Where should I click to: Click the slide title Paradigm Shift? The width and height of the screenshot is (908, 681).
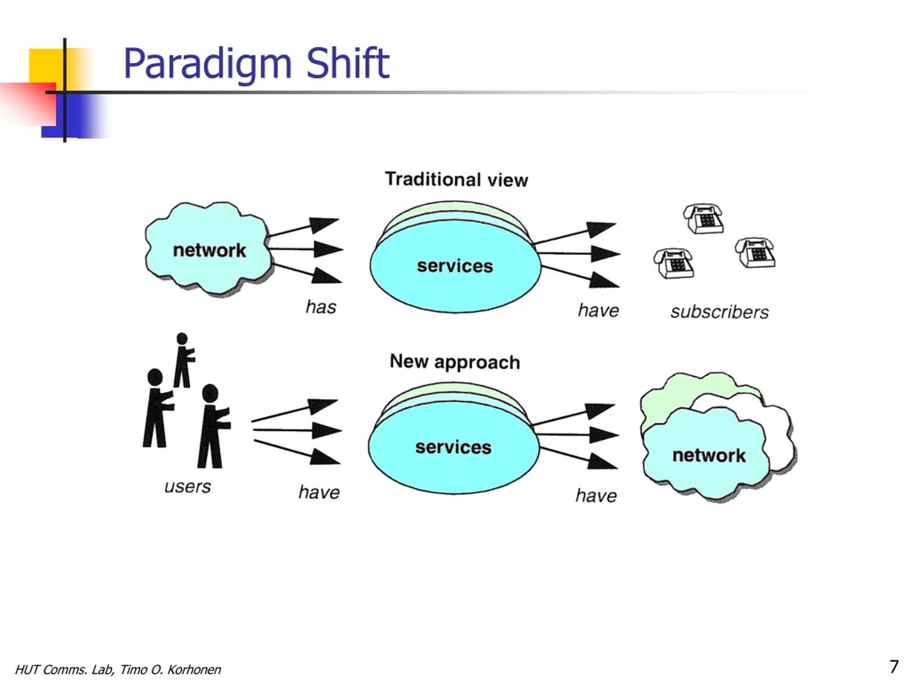pos(256,64)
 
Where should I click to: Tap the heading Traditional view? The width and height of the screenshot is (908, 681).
pos(456,180)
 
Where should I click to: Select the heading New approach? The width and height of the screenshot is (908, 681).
pos(455,362)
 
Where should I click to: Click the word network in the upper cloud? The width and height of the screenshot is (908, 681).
pos(209,250)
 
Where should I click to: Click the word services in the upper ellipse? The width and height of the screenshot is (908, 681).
pos(455,266)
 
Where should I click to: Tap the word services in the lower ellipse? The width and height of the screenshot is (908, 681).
pos(453,447)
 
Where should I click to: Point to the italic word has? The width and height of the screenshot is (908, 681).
pos(321,307)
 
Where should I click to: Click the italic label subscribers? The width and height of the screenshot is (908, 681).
pos(720,312)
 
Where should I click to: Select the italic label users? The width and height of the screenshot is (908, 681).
pos(188,487)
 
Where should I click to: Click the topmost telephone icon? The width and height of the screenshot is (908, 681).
pos(703,218)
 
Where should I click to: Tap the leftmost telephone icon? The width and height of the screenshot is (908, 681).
pos(674,263)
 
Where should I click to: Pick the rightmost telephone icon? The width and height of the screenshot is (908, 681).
pos(755,253)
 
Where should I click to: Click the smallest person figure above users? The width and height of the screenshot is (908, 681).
pos(183,360)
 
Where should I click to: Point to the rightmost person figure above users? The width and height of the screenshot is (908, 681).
pos(213,426)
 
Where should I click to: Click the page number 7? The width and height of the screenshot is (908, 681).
pos(893,667)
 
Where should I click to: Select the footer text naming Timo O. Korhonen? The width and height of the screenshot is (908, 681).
pos(118,670)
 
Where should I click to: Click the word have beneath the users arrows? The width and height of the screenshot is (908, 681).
pos(319,492)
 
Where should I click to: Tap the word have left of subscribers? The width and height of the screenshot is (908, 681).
pos(598,310)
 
